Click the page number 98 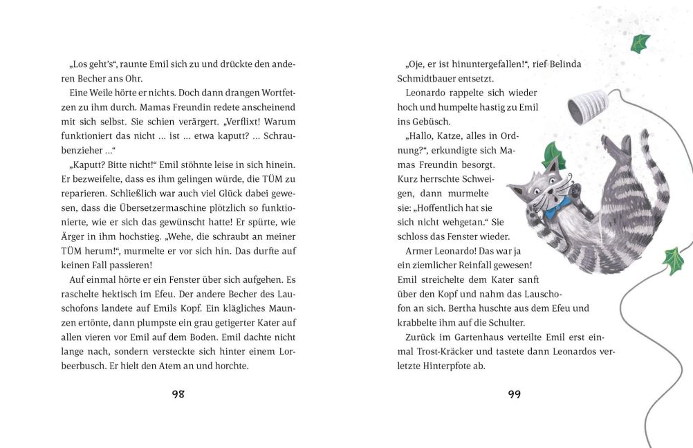[x=178, y=394]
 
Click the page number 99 [x=514, y=394]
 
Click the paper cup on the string [x=587, y=107]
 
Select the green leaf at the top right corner [x=640, y=43]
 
